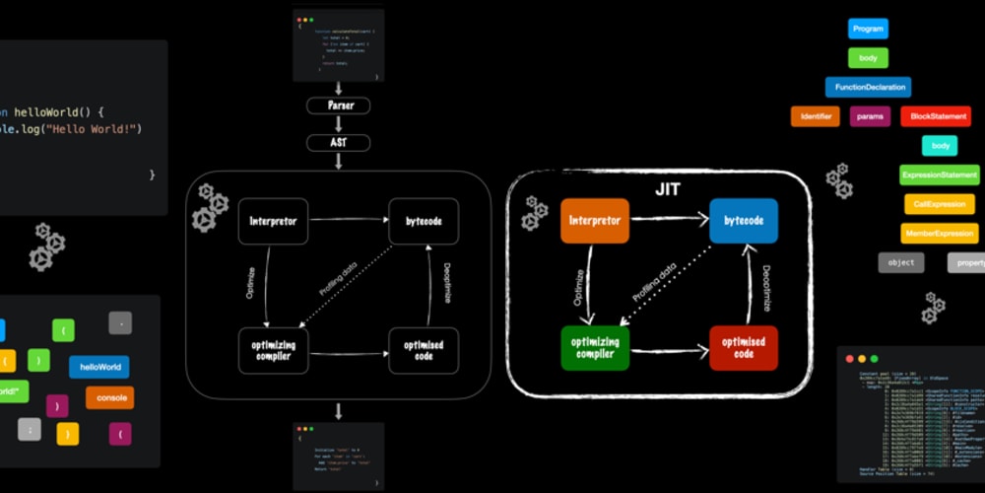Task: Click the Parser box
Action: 338,106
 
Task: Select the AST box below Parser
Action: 338,143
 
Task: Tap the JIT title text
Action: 668,187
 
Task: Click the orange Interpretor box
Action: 594,221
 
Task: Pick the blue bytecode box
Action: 743,221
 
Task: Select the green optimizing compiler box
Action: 595,347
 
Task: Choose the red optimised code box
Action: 744,347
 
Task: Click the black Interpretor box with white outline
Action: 273,221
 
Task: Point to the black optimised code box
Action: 424,349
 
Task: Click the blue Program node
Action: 868,29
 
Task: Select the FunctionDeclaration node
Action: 868,87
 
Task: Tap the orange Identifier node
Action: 815,116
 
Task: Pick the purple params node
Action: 870,116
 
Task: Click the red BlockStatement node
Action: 935,116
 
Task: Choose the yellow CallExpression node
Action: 939,204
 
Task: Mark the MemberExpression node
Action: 939,234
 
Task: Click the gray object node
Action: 900,262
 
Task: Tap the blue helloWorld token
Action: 98,367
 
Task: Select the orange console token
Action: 109,397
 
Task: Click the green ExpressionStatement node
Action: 939,175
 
